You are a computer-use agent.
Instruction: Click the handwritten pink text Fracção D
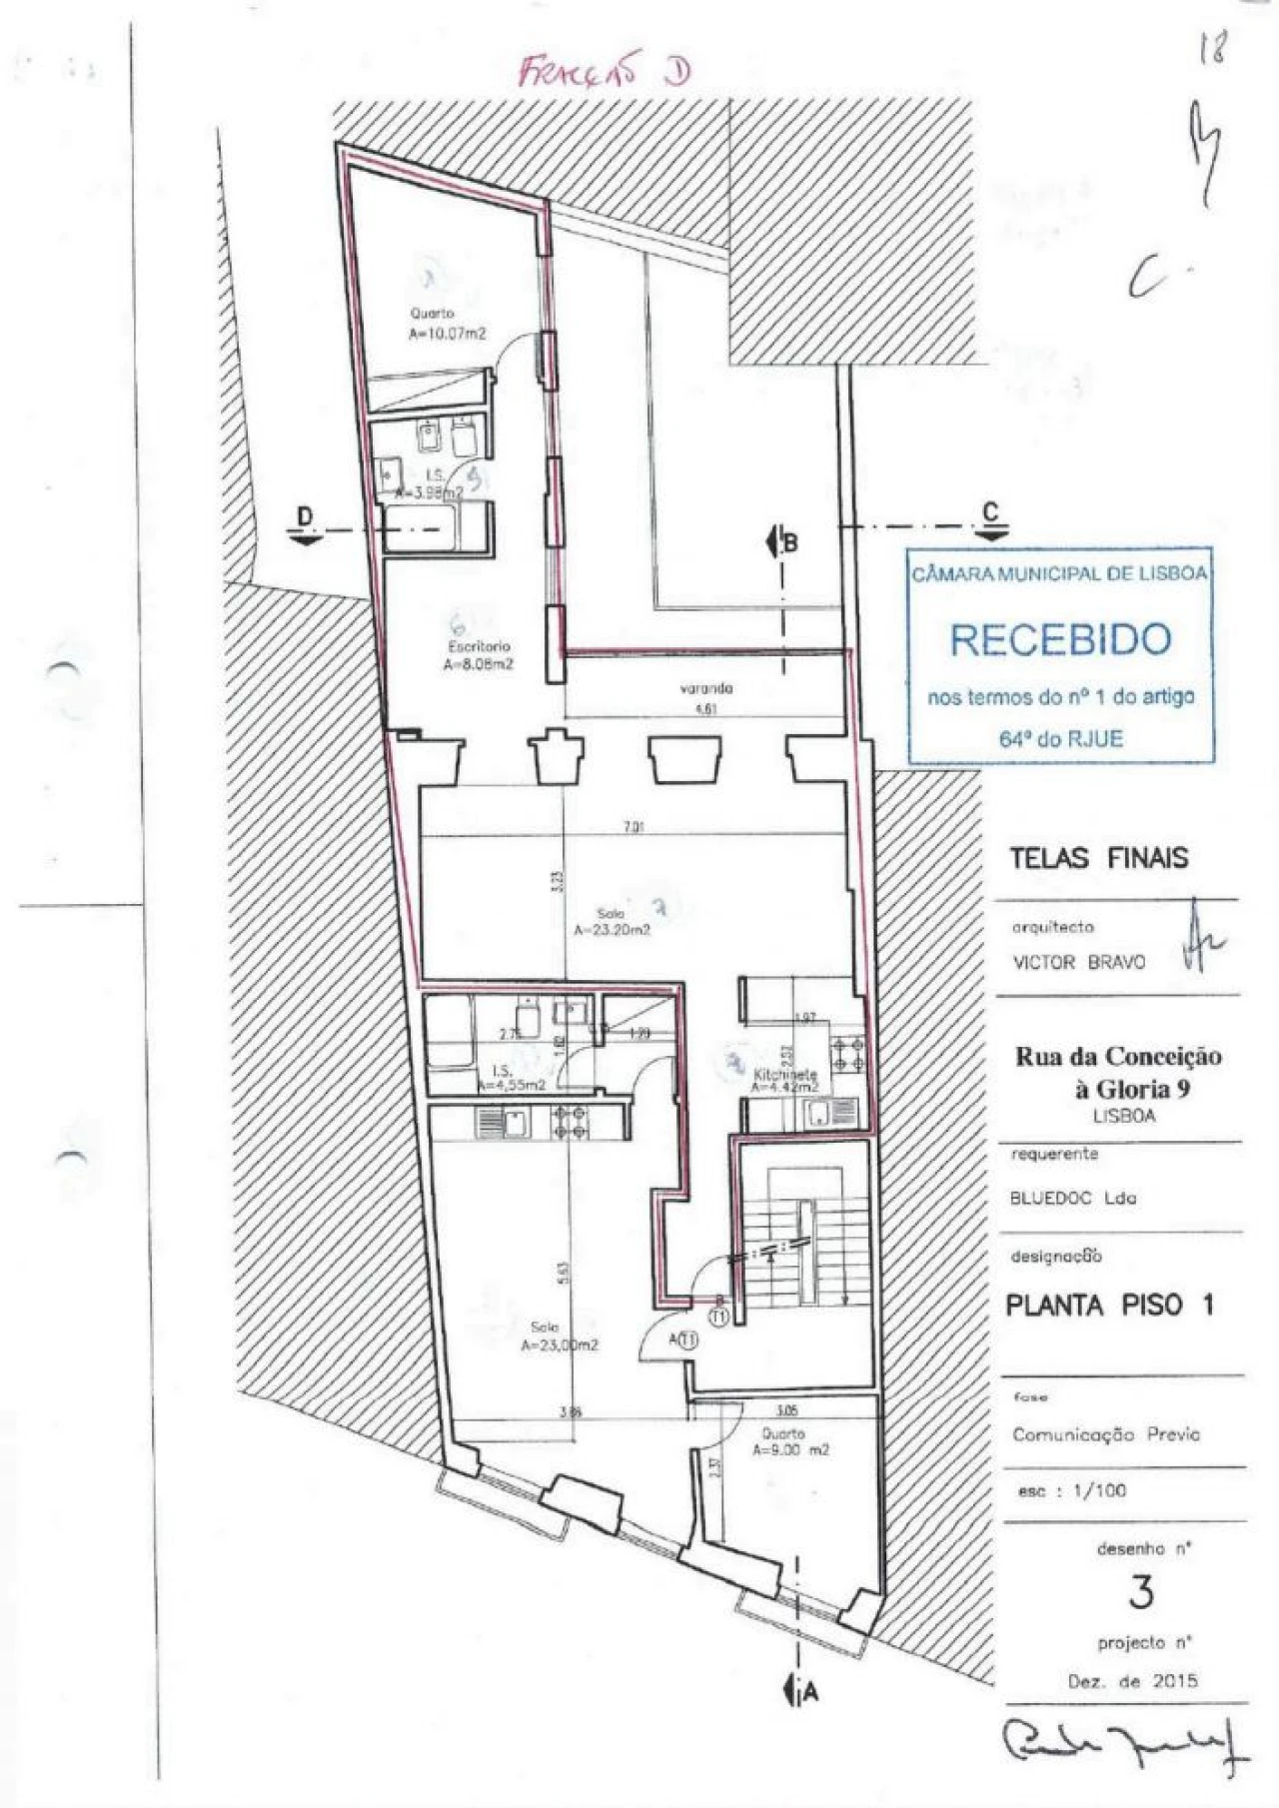pos(604,73)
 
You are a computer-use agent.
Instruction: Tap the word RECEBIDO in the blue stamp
pos(1059,639)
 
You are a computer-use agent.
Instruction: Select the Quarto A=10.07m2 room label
pos(447,325)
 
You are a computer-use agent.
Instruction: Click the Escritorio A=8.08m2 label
pos(480,654)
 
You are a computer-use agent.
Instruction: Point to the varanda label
pos(706,688)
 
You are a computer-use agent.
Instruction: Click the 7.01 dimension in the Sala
pos(631,827)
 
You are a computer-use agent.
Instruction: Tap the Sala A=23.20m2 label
pos(612,921)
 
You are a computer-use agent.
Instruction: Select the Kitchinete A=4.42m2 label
pos(785,1081)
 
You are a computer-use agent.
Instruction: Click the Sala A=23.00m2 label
pos(559,1337)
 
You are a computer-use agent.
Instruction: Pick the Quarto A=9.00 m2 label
pos(790,1441)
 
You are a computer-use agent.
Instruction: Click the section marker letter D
pos(306,515)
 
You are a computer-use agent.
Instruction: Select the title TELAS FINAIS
pos(1098,857)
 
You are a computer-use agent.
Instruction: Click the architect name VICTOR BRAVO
pos(1079,962)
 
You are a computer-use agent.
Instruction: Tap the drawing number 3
pos(1141,1592)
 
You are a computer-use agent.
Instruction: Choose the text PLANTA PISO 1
pos(1109,1305)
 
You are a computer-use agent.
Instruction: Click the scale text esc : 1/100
pos(1072,1490)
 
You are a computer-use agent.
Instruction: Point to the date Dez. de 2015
pos(1132,1680)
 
